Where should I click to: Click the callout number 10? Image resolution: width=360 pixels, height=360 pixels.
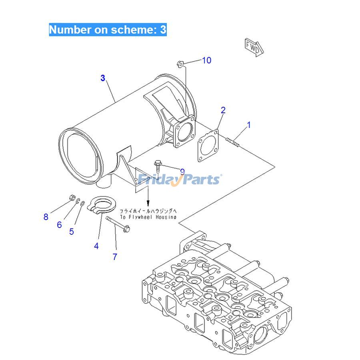tap(206, 60)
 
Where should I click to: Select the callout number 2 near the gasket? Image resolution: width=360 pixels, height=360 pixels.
tap(223, 110)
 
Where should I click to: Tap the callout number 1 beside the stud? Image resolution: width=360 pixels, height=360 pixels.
tap(248, 125)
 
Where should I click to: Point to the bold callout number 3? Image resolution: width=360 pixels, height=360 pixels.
tap(103, 78)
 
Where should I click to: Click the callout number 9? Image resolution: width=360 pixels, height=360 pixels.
tap(182, 172)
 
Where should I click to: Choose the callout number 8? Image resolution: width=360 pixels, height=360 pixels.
tap(46, 217)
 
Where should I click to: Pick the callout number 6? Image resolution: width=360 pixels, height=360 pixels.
tap(59, 225)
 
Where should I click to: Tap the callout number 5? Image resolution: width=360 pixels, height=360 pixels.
tap(72, 232)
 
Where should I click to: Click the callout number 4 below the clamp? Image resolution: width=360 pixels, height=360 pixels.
tap(96, 246)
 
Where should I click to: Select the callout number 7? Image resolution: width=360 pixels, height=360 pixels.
tap(115, 257)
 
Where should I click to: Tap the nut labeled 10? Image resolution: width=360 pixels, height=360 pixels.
tap(180, 63)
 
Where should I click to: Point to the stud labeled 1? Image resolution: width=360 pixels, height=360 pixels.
tap(233, 141)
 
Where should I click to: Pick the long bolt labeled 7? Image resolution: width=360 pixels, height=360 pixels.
tap(119, 224)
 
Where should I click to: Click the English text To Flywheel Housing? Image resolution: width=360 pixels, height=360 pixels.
tap(148, 217)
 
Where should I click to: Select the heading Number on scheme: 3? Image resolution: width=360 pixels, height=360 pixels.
tap(108, 30)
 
